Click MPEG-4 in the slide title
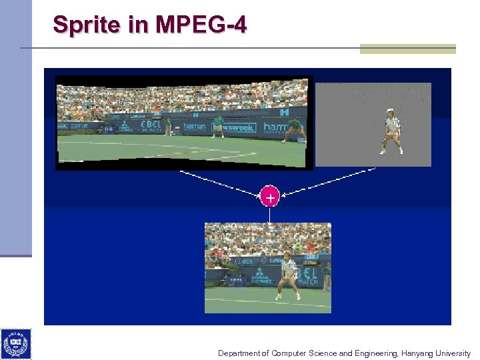(x=201, y=25)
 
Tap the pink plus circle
(x=269, y=197)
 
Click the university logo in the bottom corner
(x=15, y=344)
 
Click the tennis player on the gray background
(x=392, y=131)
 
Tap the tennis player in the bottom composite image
(x=288, y=275)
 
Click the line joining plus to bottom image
(x=269, y=214)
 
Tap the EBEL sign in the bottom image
(x=307, y=274)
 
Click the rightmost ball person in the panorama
(x=294, y=130)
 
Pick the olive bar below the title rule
(x=407, y=49)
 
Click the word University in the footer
(x=453, y=353)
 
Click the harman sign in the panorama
(x=195, y=126)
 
